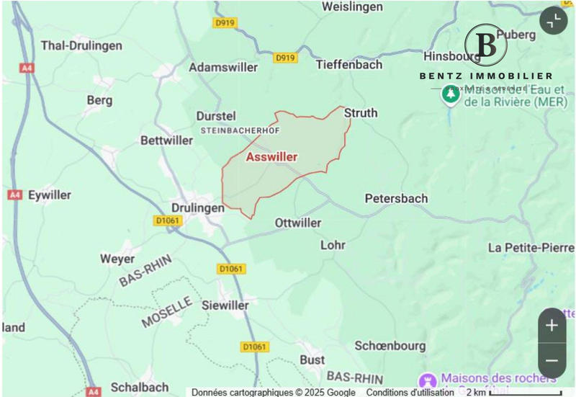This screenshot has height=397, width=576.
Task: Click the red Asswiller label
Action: point(271,156)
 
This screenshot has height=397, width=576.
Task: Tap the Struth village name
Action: point(360,113)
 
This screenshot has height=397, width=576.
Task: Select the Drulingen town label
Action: point(197,206)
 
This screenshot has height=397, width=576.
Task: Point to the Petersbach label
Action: point(396,198)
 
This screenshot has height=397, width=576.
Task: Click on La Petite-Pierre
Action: point(531,248)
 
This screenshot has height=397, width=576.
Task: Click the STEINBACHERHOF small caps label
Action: point(239,130)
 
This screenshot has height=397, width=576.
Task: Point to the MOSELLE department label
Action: point(166,312)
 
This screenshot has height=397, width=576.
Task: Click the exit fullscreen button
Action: point(553,22)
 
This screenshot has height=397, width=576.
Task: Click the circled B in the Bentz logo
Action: point(486,45)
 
